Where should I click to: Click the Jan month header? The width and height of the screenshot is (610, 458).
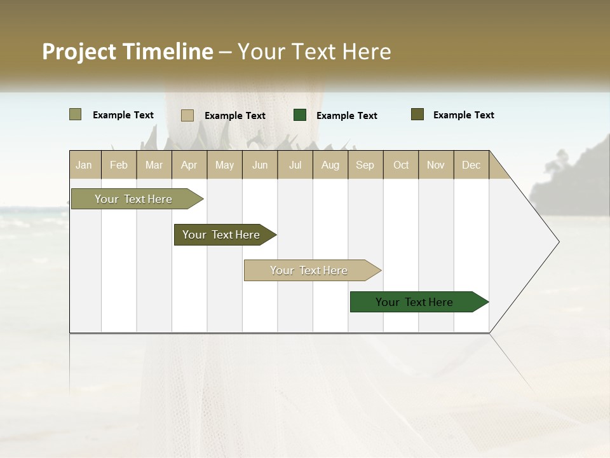pyautogui.click(x=85, y=165)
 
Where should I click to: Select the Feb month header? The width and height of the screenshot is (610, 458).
pyautogui.click(x=119, y=165)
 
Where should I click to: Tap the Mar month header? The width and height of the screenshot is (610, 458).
pyautogui.click(x=154, y=165)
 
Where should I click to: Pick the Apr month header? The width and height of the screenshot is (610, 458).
pyautogui.click(x=189, y=165)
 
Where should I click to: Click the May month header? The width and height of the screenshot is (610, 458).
pyautogui.click(x=224, y=165)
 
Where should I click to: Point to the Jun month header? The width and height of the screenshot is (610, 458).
pyautogui.click(x=260, y=165)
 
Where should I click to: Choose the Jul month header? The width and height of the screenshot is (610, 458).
pyautogui.click(x=295, y=165)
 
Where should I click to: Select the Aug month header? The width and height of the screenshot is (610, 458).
pyautogui.click(x=330, y=165)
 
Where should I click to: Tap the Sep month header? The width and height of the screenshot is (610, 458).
pyautogui.click(x=365, y=165)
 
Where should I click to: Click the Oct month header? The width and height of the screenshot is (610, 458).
pyautogui.click(x=401, y=165)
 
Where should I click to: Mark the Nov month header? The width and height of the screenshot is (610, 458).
pyautogui.click(x=436, y=165)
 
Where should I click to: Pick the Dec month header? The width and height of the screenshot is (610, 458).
pyautogui.click(x=471, y=165)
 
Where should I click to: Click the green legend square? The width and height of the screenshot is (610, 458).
pyautogui.click(x=300, y=115)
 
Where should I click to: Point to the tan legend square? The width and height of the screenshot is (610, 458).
pyautogui.click(x=187, y=115)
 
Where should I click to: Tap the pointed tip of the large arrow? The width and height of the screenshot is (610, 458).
pyautogui.click(x=557, y=242)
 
